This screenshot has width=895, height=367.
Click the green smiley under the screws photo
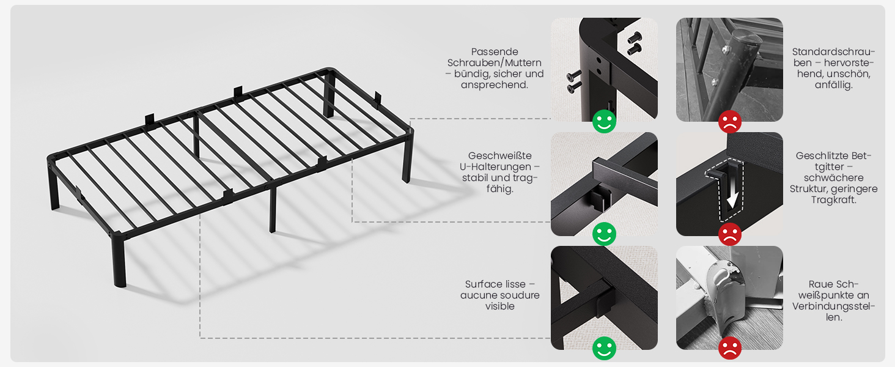click(x=604, y=122)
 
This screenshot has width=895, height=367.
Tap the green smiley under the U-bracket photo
click(x=604, y=234)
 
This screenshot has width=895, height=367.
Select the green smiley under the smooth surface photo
click(x=604, y=348)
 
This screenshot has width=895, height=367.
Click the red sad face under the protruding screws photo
click(x=729, y=122)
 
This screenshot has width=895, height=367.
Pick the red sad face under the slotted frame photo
click(x=729, y=234)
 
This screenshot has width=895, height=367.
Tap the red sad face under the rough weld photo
click(x=729, y=348)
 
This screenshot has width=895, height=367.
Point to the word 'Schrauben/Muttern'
click(x=494, y=63)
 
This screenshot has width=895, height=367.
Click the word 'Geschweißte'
click(x=500, y=155)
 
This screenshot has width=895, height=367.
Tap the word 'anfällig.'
click(x=833, y=85)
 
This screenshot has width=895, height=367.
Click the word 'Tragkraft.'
click(x=833, y=200)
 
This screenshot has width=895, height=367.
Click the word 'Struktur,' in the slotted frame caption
click(x=808, y=188)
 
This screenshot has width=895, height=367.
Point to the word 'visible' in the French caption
click(x=500, y=306)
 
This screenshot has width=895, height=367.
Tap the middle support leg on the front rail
click(x=273, y=210)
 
